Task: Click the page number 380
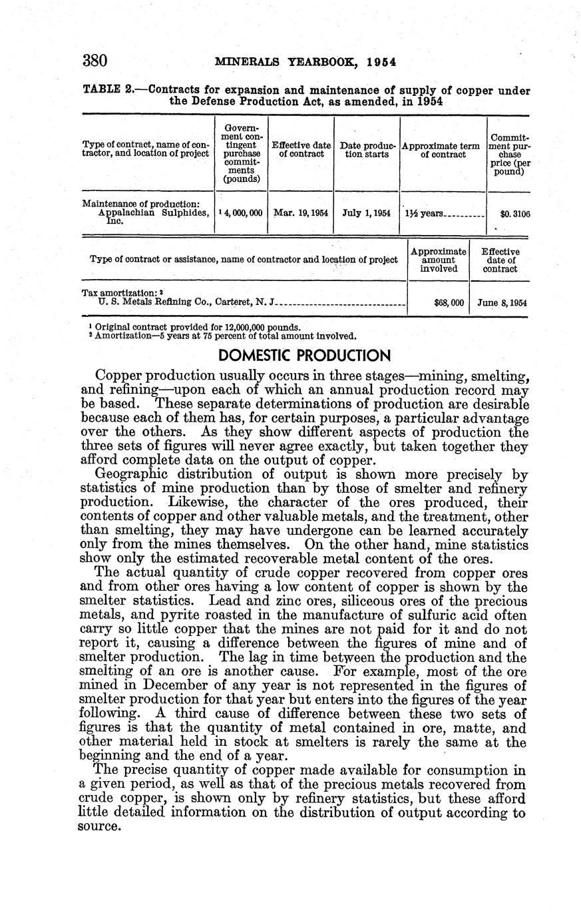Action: [95, 61]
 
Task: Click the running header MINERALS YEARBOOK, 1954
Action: [306, 63]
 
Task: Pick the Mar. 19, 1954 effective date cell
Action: [300, 214]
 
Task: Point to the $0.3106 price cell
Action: [515, 214]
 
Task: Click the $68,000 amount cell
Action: [448, 302]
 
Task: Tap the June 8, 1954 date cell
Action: [502, 302]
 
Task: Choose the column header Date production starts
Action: [367, 150]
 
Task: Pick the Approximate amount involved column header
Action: [439, 260]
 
